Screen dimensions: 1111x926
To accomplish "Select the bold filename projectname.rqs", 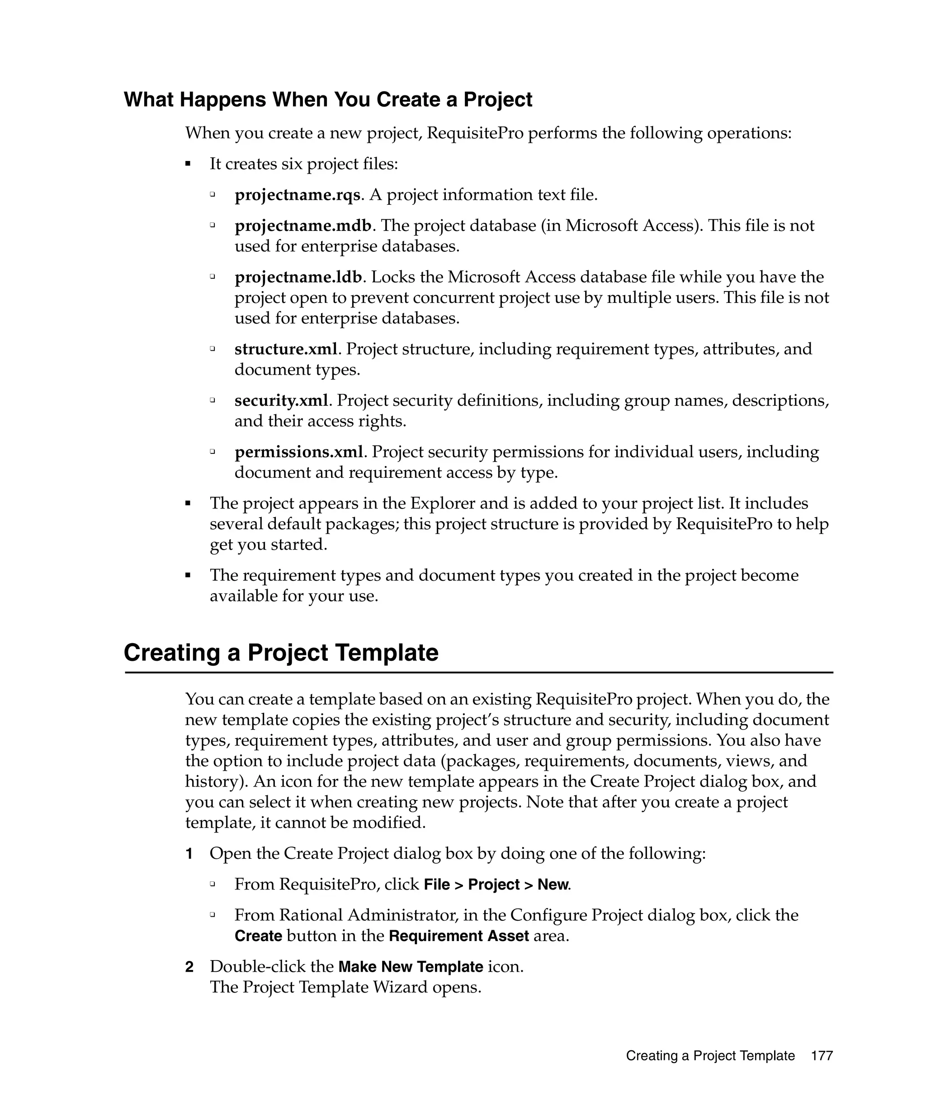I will pyautogui.click(x=298, y=195).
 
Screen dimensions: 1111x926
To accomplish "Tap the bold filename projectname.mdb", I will pyautogui.click(x=302, y=226).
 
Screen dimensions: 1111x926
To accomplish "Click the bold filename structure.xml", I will pyautogui.click(x=286, y=349).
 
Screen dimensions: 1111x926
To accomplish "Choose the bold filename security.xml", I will pyautogui.click(x=281, y=400).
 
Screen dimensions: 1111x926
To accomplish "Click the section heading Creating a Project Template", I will pyautogui.click(x=280, y=652).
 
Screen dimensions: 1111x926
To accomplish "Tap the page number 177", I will pyautogui.click(x=822, y=1056).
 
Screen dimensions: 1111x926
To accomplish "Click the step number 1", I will pyautogui.click(x=189, y=854).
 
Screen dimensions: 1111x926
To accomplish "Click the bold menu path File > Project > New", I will pyautogui.click(x=496, y=885).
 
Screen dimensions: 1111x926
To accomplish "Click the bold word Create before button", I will pyautogui.click(x=258, y=936).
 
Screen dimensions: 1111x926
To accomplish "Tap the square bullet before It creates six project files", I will pyautogui.click(x=187, y=164).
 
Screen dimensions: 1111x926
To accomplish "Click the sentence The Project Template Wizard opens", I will pyautogui.click(x=345, y=987).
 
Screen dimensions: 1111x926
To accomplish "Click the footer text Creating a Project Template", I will pyautogui.click(x=710, y=1056).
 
